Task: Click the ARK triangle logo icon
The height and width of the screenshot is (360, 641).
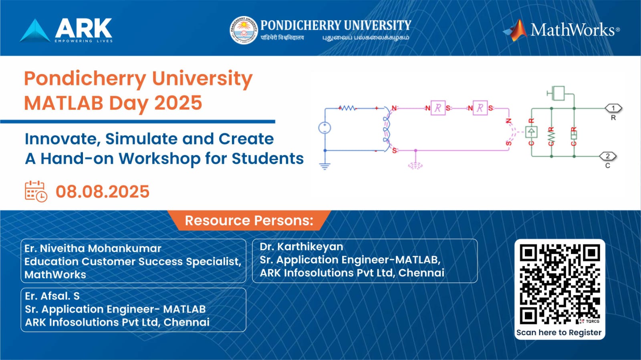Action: click(x=35, y=31)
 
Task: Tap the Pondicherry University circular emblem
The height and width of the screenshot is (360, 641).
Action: click(x=243, y=30)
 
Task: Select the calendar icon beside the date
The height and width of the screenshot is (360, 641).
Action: click(x=36, y=191)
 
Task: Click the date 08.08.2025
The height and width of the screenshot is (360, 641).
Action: click(x=103, y=192)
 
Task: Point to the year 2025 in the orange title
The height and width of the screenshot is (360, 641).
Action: click(x=178, y=103)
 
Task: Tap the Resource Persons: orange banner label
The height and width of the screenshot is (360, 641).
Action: click(x=249, y=221)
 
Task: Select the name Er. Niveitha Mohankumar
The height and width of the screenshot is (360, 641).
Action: click(x=93, y=248)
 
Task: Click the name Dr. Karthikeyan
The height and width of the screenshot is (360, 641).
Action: click(x=301, y=247)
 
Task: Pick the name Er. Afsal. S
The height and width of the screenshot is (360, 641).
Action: click(x=52, y=296)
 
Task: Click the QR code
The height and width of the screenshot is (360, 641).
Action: click(x=560, y=284)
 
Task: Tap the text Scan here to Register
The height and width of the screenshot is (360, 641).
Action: click(x=559, y=332)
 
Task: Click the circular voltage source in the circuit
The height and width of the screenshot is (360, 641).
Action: click(x=325, y=128)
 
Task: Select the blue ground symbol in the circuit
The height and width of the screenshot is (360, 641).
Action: click(x=325, y=166)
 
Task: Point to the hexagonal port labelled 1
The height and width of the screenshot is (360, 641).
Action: click(x=613, y=108)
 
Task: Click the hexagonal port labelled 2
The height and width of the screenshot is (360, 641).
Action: click(x=608, y=156)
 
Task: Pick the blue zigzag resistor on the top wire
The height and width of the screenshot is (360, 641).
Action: click(x=347, y=108)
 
